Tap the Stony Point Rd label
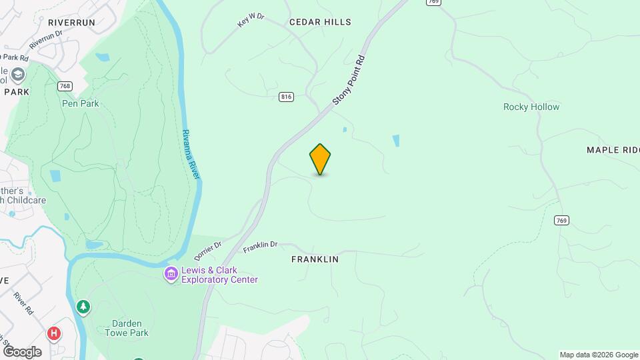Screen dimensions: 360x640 [350, 79]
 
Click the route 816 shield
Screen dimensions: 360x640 [286, 97]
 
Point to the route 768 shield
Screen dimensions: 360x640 [65, 86]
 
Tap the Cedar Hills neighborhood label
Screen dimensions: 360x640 [320, 22]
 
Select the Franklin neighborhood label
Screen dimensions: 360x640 [315, 259]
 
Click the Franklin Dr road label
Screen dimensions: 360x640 [260, 247]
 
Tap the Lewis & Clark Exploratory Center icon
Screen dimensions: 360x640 [171, 274]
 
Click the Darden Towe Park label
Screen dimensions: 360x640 [126, 327]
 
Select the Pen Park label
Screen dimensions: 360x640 [79, 103]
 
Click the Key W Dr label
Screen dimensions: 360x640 [251, 20]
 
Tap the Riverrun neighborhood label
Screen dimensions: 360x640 [72, 22]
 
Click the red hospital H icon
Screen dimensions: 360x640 [54, 333]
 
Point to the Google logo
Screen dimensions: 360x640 [22, 351]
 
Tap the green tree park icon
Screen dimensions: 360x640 [83, 307]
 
